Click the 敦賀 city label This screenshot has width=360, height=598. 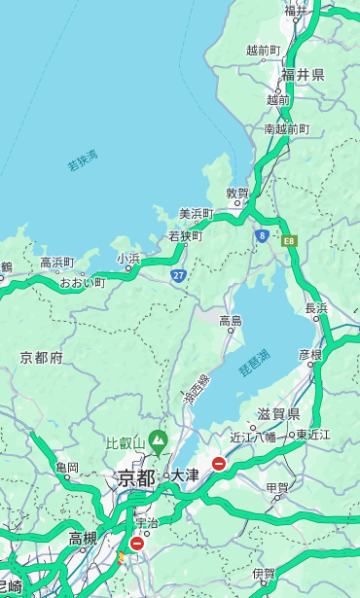point(237,193)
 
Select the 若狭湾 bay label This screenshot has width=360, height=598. point(83,161)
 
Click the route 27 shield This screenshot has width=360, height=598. point(178,276)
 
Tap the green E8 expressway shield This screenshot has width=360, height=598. point(288,240)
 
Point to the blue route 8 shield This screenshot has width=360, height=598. point(262,235)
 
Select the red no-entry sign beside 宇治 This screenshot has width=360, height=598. point(136,544)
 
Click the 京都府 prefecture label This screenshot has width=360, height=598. point(42,358)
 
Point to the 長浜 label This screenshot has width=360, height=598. point(316,308)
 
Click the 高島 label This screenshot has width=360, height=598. point(231,321)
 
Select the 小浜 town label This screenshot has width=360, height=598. point(128,259)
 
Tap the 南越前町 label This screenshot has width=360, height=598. point(286,128)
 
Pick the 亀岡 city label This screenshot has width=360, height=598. point(67,468)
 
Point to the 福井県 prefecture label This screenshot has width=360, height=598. point(303,75)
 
